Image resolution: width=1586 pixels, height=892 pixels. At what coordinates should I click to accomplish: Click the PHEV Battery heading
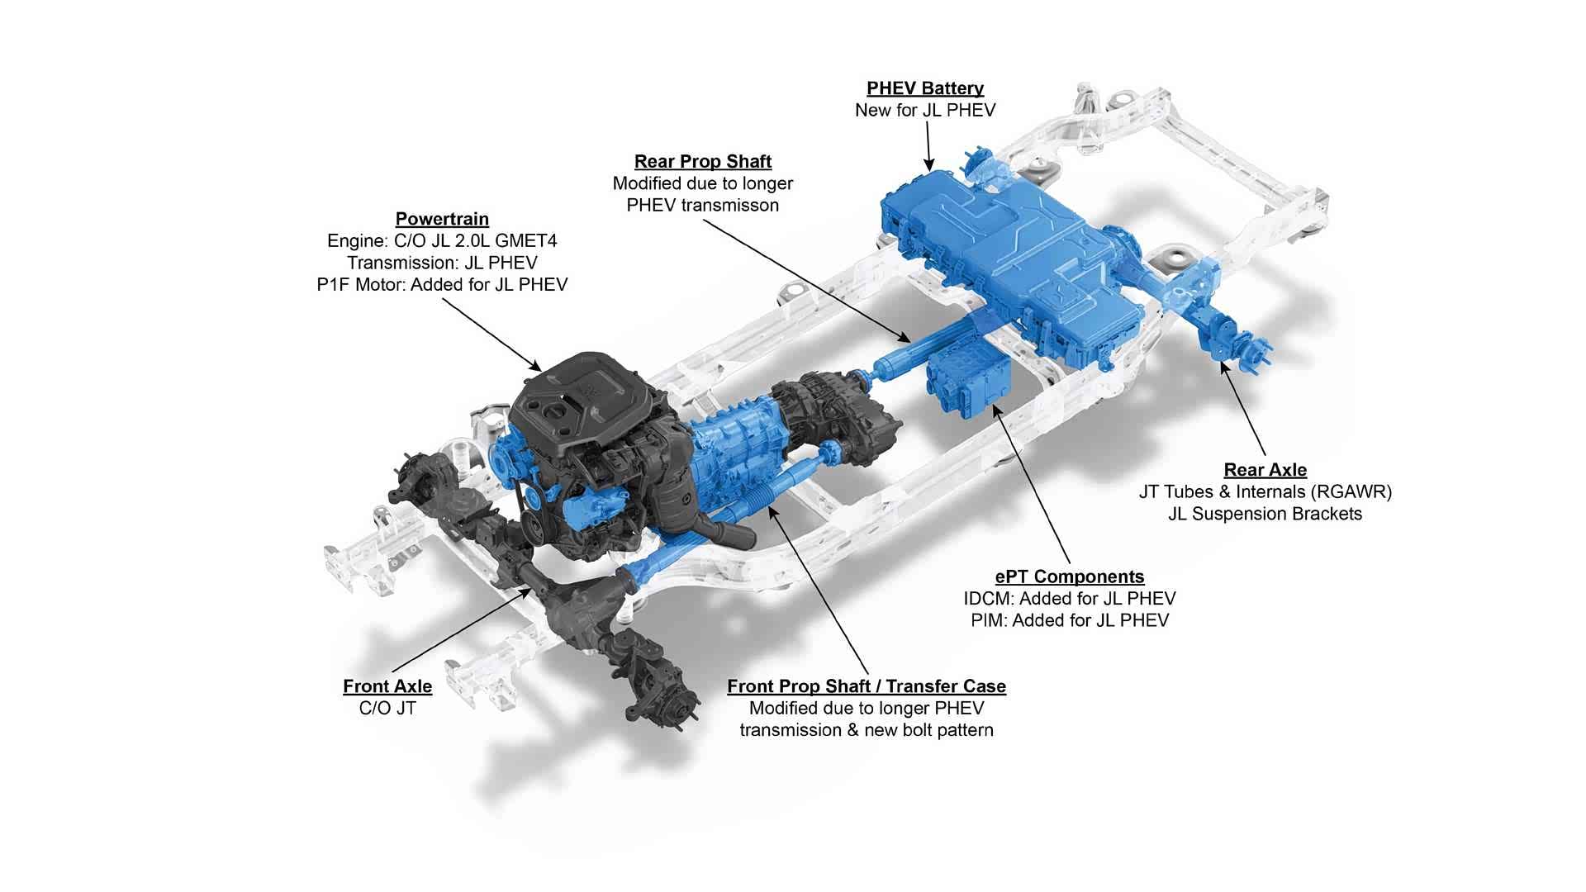point(925,88)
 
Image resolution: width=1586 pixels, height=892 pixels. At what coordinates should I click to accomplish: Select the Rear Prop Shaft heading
point(703,161)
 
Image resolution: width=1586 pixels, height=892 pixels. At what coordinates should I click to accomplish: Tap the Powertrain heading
point(442,219)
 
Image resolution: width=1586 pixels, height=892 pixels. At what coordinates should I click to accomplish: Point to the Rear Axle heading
point(1265,470)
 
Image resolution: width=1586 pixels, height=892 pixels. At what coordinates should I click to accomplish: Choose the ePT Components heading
point(1070,576)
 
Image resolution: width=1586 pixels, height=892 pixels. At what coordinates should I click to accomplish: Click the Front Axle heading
point(387,686)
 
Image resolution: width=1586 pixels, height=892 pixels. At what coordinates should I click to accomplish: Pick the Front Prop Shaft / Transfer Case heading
point(867,686)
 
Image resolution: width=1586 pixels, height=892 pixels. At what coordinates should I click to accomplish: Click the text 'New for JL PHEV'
point(925,111)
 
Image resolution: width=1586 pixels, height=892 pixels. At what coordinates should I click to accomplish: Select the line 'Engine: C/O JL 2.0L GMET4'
point(442,241)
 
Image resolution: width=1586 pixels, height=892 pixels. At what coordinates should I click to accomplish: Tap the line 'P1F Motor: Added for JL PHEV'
point(442,285)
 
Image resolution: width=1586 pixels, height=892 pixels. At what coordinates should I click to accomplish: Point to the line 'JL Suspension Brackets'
point(1265,514)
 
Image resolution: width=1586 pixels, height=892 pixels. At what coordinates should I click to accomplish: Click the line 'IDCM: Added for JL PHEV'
point(1070,599)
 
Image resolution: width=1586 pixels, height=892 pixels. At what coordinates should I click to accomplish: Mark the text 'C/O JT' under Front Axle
point(387,709)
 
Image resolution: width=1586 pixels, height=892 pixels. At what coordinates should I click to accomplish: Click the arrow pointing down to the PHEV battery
point(928,147)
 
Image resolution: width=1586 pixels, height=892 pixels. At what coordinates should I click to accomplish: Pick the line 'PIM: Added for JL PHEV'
point(1070,620)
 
